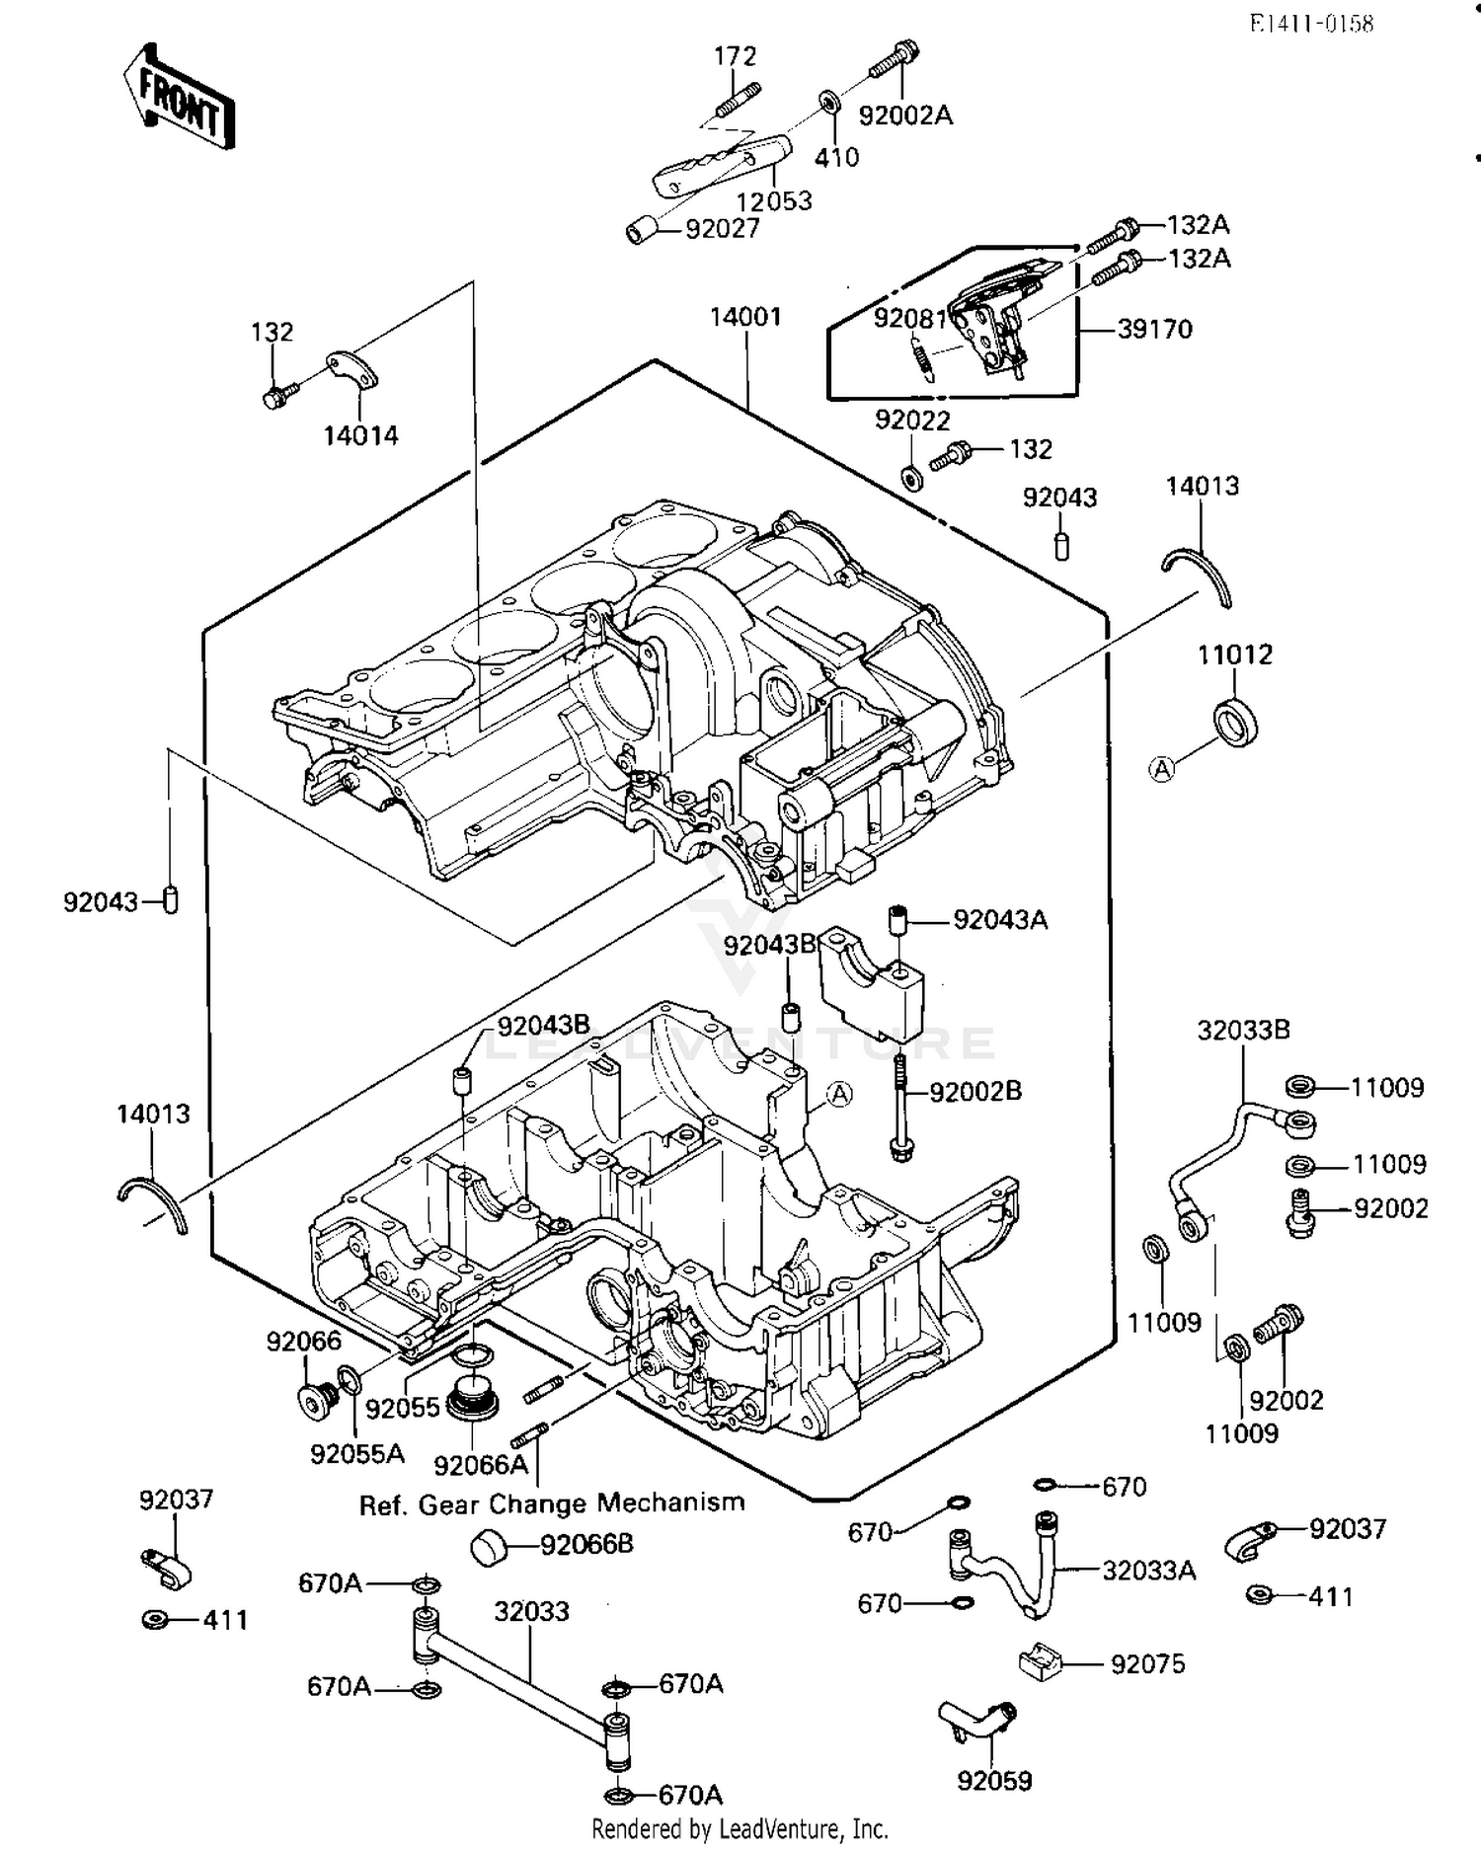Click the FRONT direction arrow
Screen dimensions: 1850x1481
[x=180, y=97]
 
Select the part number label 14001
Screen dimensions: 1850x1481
[x=745, y=317]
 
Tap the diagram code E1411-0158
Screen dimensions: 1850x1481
[x=1311, y=24]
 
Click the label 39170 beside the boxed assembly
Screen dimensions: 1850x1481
[x=1154, y=329]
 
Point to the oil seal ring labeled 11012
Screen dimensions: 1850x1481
[x=1235, y=722]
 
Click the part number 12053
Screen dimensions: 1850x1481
[x=774, y=200]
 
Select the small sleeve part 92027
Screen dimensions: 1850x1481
[x=643, y=231]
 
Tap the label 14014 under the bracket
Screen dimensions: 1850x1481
[x=360, y=435]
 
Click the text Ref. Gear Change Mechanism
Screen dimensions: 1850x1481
[x=551, y=1504]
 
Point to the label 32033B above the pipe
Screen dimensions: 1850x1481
[x=1243, y=1030]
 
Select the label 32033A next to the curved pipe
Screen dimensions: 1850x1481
[x=1148, y=1570]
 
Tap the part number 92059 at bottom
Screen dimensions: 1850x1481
[x=994, y=1781]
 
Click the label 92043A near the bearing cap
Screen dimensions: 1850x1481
[x=1000, y=920]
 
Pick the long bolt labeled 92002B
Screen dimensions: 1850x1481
[x=900, y=1106]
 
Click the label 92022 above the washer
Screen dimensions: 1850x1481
[x=911, y=421]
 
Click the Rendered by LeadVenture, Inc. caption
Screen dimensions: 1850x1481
[x=740, y=1828]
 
